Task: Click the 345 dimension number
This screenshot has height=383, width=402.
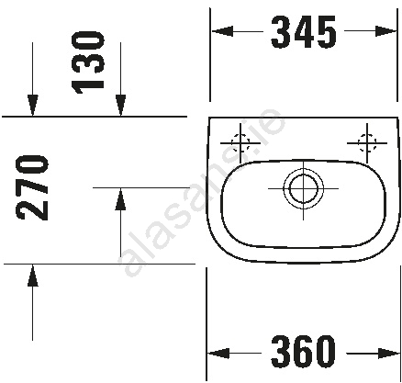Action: point(304,32)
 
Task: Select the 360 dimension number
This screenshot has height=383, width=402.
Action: point(303,351)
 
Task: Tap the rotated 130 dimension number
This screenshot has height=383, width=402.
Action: point(88,62)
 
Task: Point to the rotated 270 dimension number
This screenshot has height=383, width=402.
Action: point(32,187)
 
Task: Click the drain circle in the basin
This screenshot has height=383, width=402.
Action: point(303,188)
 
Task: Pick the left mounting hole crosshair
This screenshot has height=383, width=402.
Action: point(240,143)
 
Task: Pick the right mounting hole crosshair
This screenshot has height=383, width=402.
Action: point(367,143)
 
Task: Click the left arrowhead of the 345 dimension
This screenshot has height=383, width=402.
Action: point(222,31)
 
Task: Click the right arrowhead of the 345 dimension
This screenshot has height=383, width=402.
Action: point(385,31)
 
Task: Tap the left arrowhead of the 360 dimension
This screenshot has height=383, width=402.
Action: point(218,354)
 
